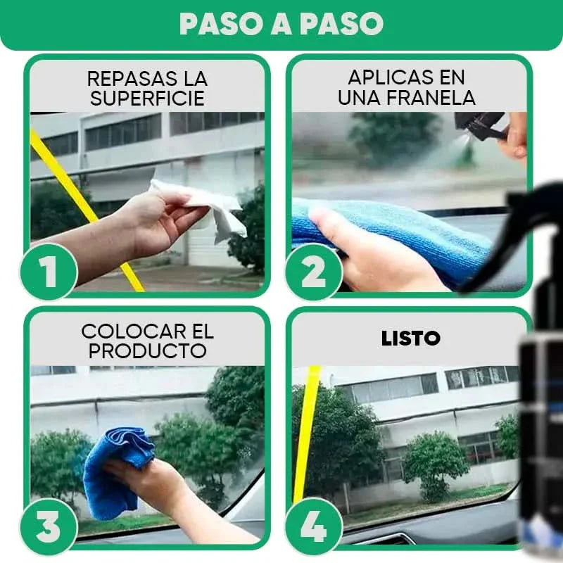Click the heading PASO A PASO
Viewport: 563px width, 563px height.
tap(281, 24)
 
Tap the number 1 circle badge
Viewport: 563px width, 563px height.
tap(49, 271)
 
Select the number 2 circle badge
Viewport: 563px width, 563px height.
tap(314, 271)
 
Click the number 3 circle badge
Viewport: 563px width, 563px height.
tap(49, 526)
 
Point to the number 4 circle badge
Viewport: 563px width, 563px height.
tap(314, 526)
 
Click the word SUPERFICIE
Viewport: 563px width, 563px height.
tap(147, 99)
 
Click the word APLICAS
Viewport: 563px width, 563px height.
tap(386, 77)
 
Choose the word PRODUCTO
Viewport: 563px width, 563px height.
tap(147, 350)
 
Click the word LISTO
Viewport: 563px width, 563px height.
tap(410, 339)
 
